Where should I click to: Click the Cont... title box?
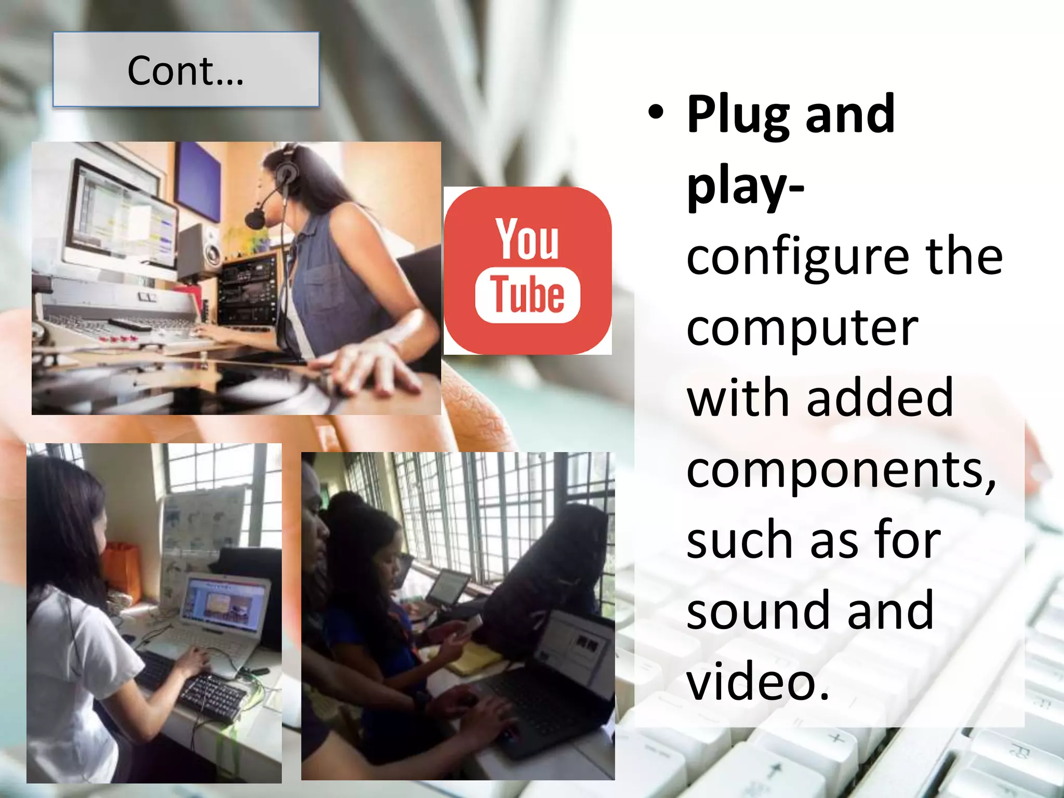(x=185, y=70)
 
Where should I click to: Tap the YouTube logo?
(x=527, y=271)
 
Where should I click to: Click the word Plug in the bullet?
(x=738, y=115)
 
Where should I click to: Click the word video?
(x=756, y=682)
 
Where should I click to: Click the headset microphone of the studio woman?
(x=255, y=218)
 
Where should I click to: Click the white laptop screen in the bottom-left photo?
(x=224, y=603)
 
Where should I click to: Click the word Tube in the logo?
(x=527, y=295)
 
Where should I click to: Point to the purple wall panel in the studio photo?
(x=198, y=180)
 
